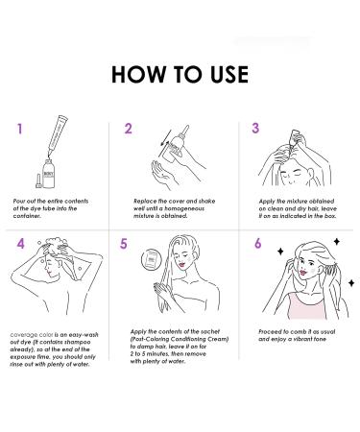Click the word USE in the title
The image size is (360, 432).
click(x=229, y=75)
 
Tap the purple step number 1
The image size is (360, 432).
click(x=20, y=129)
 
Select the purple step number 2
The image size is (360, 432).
click(x=128, y=129)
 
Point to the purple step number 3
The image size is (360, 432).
click(x=255, y=128)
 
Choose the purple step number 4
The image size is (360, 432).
click(x=20, y=244)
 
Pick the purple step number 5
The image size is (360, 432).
click(x=123, y=244)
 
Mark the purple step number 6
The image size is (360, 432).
click(x=258, y=243)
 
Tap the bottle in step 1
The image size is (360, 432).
click(x=49, y=173)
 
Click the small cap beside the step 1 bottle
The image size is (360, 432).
click(x=38, y=180)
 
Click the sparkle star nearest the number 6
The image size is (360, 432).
click(x=280, y=252)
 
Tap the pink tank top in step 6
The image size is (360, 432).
click(x=305, y=306)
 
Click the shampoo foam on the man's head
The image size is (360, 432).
click(x=57, y=243)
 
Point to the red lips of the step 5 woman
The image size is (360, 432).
click(x=182, y=264)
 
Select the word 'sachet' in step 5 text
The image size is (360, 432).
click(x=210, y=331)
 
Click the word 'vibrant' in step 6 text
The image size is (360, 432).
click(x=299, y=339)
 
